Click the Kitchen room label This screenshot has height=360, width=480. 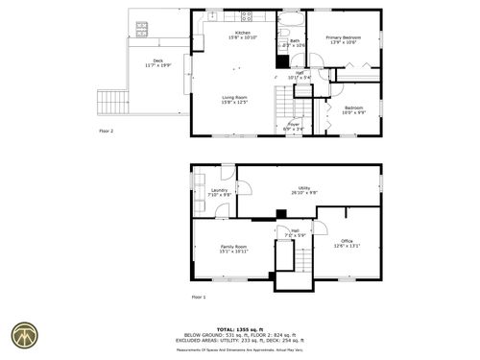[x=243, y=34]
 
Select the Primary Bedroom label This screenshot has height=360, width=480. [x=344, y=37]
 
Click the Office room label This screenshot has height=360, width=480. [x=347, y=240]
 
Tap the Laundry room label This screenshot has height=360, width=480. [x=218, y=190]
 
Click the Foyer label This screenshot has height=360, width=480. [x=294, y=123]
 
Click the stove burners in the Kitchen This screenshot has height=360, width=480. [x=246, y=15]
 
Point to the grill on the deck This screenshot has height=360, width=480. [x=142, y=28]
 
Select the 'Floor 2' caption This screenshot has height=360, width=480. [x=106, y=130]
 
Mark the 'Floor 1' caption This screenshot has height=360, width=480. [x=198, y=298]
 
